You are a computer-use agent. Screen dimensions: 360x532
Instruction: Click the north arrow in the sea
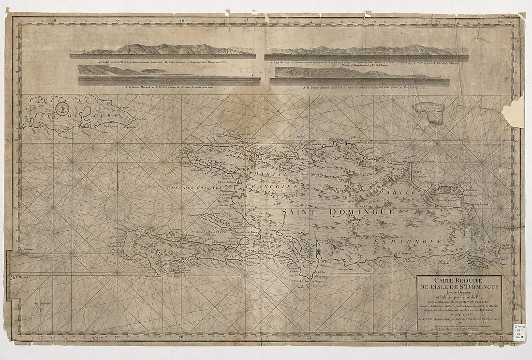(x=118, y=177)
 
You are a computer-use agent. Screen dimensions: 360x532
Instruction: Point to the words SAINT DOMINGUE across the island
(x=339, y=212)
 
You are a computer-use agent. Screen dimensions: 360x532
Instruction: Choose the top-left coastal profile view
(x=163, y=50)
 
